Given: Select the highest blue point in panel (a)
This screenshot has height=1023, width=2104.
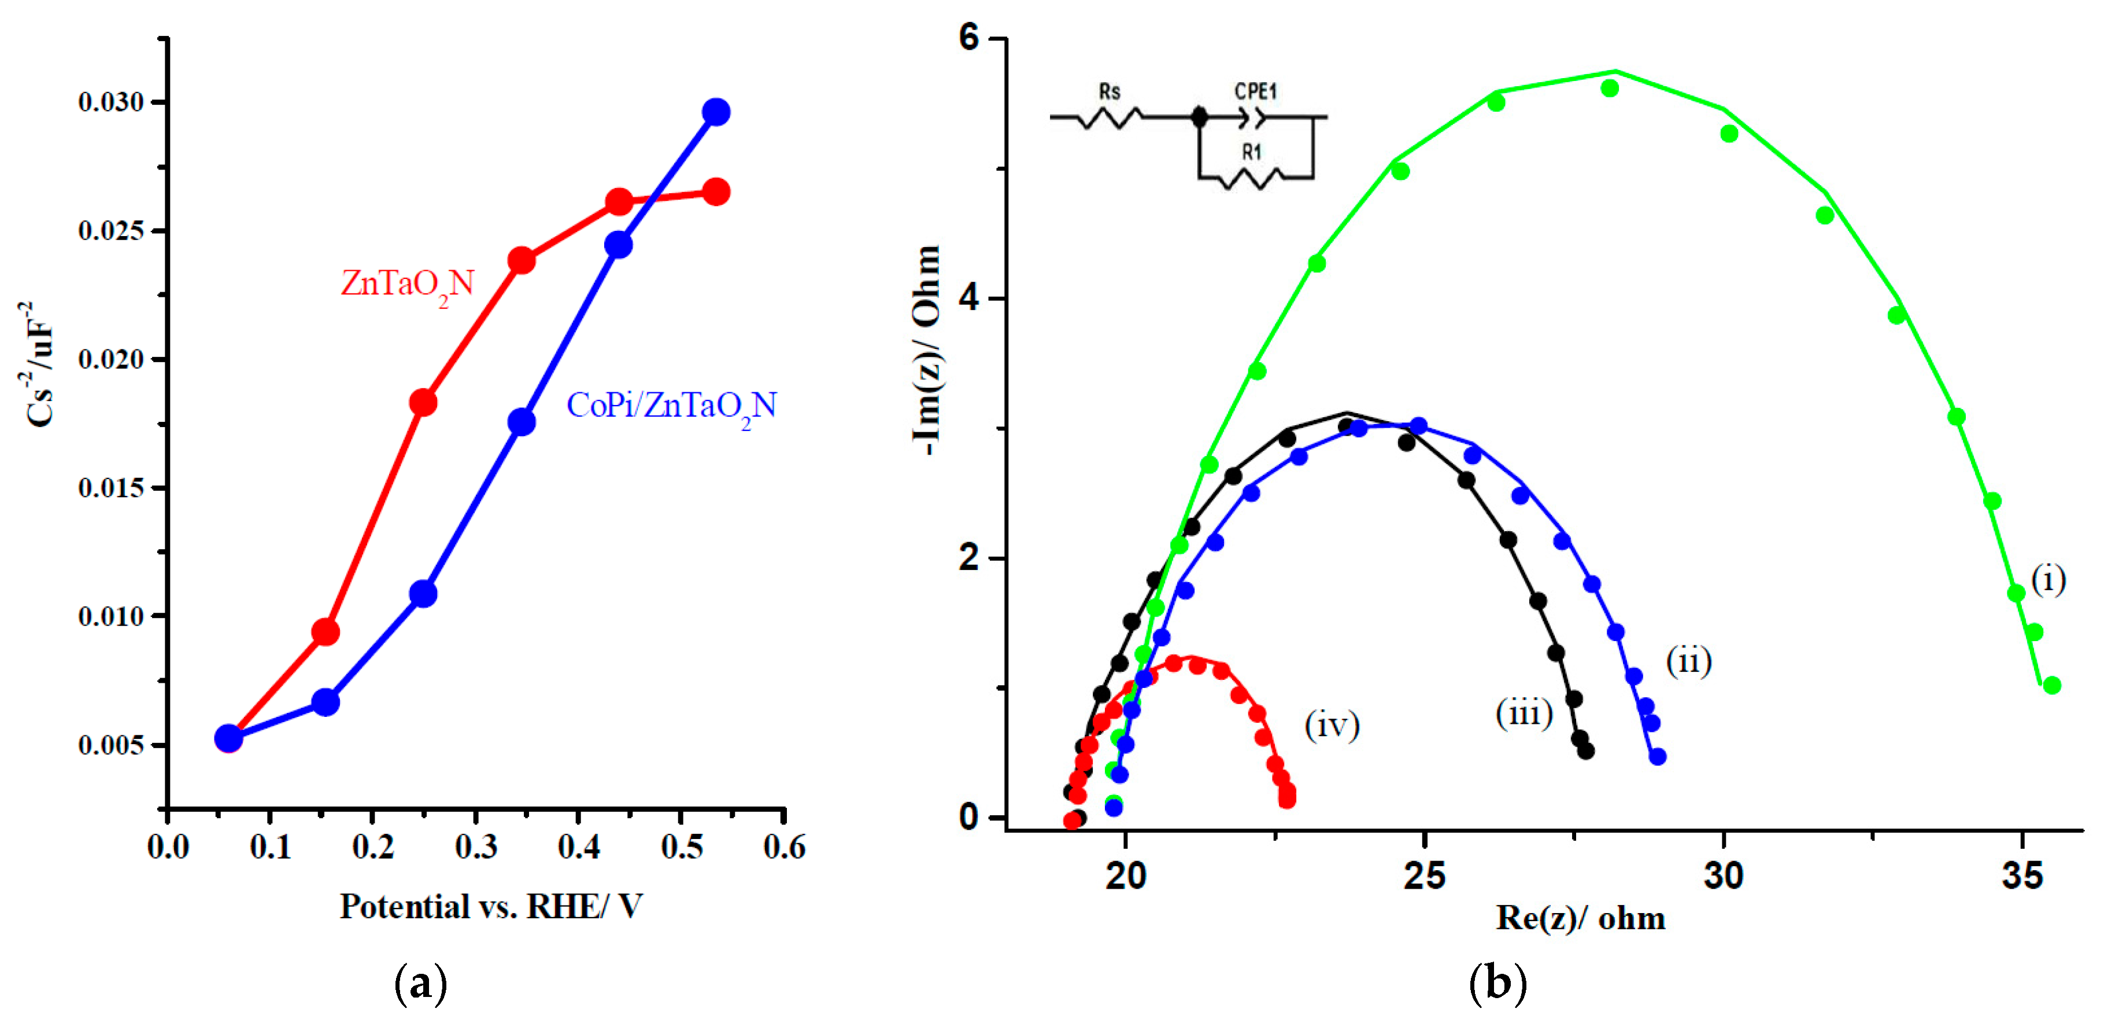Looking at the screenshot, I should [716, 112].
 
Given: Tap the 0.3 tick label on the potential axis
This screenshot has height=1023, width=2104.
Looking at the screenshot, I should [476, 847].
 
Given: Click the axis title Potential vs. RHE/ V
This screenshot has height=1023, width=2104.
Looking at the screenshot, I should [491, 906].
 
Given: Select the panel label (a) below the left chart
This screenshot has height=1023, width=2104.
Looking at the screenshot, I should [421, 984].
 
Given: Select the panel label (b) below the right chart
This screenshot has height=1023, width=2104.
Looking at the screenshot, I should [1497, 984].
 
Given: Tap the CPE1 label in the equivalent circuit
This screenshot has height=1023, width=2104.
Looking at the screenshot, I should [1255, 91].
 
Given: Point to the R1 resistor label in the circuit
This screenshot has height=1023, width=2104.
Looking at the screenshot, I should [1251, 152].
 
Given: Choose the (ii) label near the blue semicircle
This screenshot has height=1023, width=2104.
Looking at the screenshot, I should [1688, 660].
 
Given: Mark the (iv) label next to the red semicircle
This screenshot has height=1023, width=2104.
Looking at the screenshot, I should [1332, 725].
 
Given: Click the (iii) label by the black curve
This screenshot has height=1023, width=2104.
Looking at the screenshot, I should [1524, 713].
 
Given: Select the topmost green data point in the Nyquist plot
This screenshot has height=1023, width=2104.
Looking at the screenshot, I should [1610, 89].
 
